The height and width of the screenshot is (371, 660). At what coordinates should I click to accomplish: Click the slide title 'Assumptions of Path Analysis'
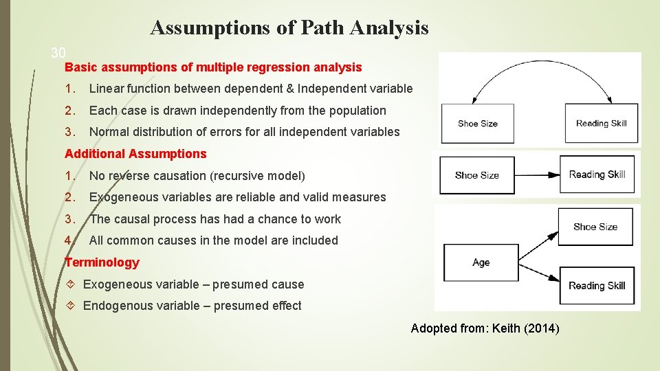[x=289, y=28]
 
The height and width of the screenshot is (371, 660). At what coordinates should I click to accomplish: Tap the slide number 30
[x=58, y=53]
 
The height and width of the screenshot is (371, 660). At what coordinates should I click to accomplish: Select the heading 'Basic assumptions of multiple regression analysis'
[x=213, y=67]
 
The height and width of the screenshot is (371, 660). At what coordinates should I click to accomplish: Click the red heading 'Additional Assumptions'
[x=135, y=154]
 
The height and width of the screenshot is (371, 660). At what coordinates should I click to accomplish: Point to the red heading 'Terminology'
[x=102, y=262]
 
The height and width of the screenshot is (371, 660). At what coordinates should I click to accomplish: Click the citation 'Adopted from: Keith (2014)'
[x=485, y=328]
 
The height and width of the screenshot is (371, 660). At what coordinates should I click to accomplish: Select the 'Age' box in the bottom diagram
[x=481, y=262]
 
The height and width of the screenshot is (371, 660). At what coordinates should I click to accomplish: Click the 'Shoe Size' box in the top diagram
[x=477, y=124]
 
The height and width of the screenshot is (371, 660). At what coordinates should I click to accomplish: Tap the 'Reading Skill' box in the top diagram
[x=601, y=124]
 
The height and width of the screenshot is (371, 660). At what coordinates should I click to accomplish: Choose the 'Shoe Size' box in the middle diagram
[x=476, y=175]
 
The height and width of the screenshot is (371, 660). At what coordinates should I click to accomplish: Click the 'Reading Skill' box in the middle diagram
[x=597, y=175]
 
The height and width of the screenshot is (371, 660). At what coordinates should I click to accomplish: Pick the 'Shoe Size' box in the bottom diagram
[x=595, y=227]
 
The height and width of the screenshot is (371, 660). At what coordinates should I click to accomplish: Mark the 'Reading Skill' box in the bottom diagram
[x=596, y=286]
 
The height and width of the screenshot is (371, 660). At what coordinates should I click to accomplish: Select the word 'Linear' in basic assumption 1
[x=107, y=89]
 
